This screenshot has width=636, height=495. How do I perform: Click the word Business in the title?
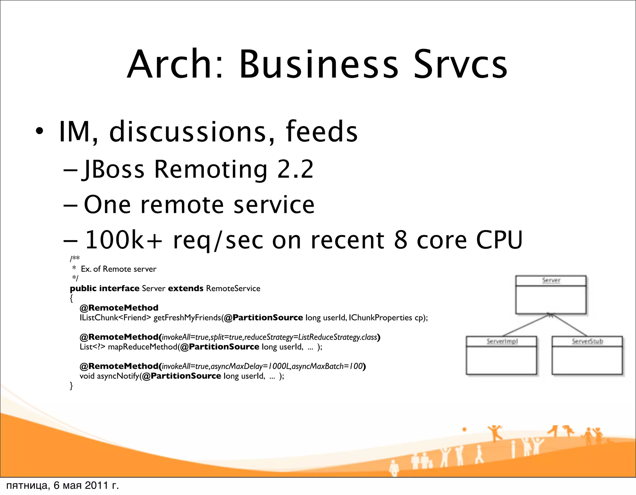point(318,64)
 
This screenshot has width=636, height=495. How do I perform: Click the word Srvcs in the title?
point(460,64)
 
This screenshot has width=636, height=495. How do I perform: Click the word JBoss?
point(113,170)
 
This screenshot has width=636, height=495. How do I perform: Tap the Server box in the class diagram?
point(551,295)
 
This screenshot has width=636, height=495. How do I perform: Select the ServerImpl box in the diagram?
point(502,355)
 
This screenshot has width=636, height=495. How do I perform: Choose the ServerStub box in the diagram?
point(587,355)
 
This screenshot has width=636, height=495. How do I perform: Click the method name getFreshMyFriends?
point(187,318)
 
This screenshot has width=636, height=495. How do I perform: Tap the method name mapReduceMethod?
point(143,347)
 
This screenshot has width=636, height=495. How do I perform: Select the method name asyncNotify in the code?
point(118,376)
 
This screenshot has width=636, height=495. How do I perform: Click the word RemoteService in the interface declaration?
point(233,288)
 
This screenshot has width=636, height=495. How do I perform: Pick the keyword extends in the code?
point(185,288)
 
